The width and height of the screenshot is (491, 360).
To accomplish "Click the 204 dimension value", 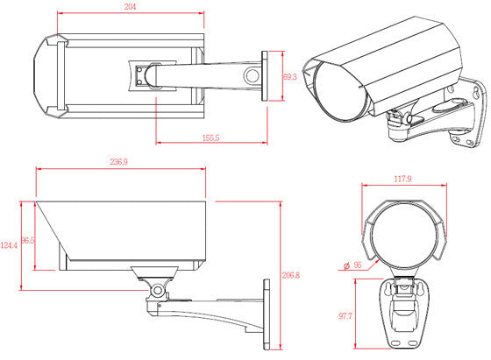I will (130, 7).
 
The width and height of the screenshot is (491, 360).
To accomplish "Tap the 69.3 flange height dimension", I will (288, 78).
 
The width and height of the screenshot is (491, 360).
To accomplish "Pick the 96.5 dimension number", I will (27, 238).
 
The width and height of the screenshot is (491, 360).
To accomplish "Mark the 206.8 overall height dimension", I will (289, 274).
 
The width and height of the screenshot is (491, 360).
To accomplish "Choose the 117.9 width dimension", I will (404, 180).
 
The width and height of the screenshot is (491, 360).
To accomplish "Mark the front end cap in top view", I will (46, 76).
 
